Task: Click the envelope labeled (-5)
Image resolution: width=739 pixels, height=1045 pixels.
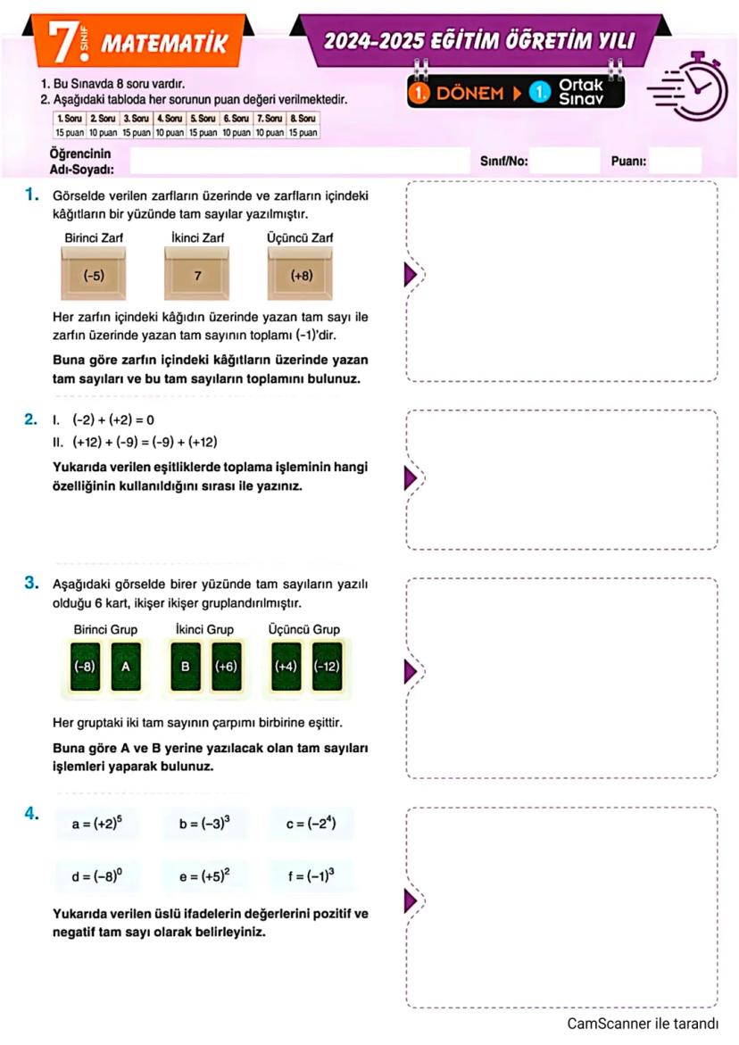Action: (94, 274)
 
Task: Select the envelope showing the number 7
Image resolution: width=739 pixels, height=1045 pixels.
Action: (197, 274)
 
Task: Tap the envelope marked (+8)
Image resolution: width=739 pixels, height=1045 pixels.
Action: (302, 274)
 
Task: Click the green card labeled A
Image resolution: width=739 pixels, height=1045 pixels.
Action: (126, 666)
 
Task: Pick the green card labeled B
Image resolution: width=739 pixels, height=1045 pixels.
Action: (186, 666)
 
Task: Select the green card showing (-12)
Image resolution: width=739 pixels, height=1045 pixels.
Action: (327, 666)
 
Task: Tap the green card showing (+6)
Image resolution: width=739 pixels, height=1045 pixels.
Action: (226, 666)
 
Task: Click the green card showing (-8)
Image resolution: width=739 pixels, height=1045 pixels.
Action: (86, 666)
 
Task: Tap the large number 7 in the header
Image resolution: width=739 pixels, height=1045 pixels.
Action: (64, 44)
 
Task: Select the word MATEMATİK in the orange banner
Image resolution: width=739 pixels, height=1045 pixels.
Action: (164, 44)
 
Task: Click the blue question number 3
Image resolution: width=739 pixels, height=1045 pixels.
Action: (31, 585)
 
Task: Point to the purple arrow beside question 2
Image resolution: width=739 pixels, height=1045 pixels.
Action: (410, 478)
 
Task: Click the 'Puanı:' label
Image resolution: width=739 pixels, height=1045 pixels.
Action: (628, 162)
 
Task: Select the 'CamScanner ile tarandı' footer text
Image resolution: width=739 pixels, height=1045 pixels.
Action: (643, 1024)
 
